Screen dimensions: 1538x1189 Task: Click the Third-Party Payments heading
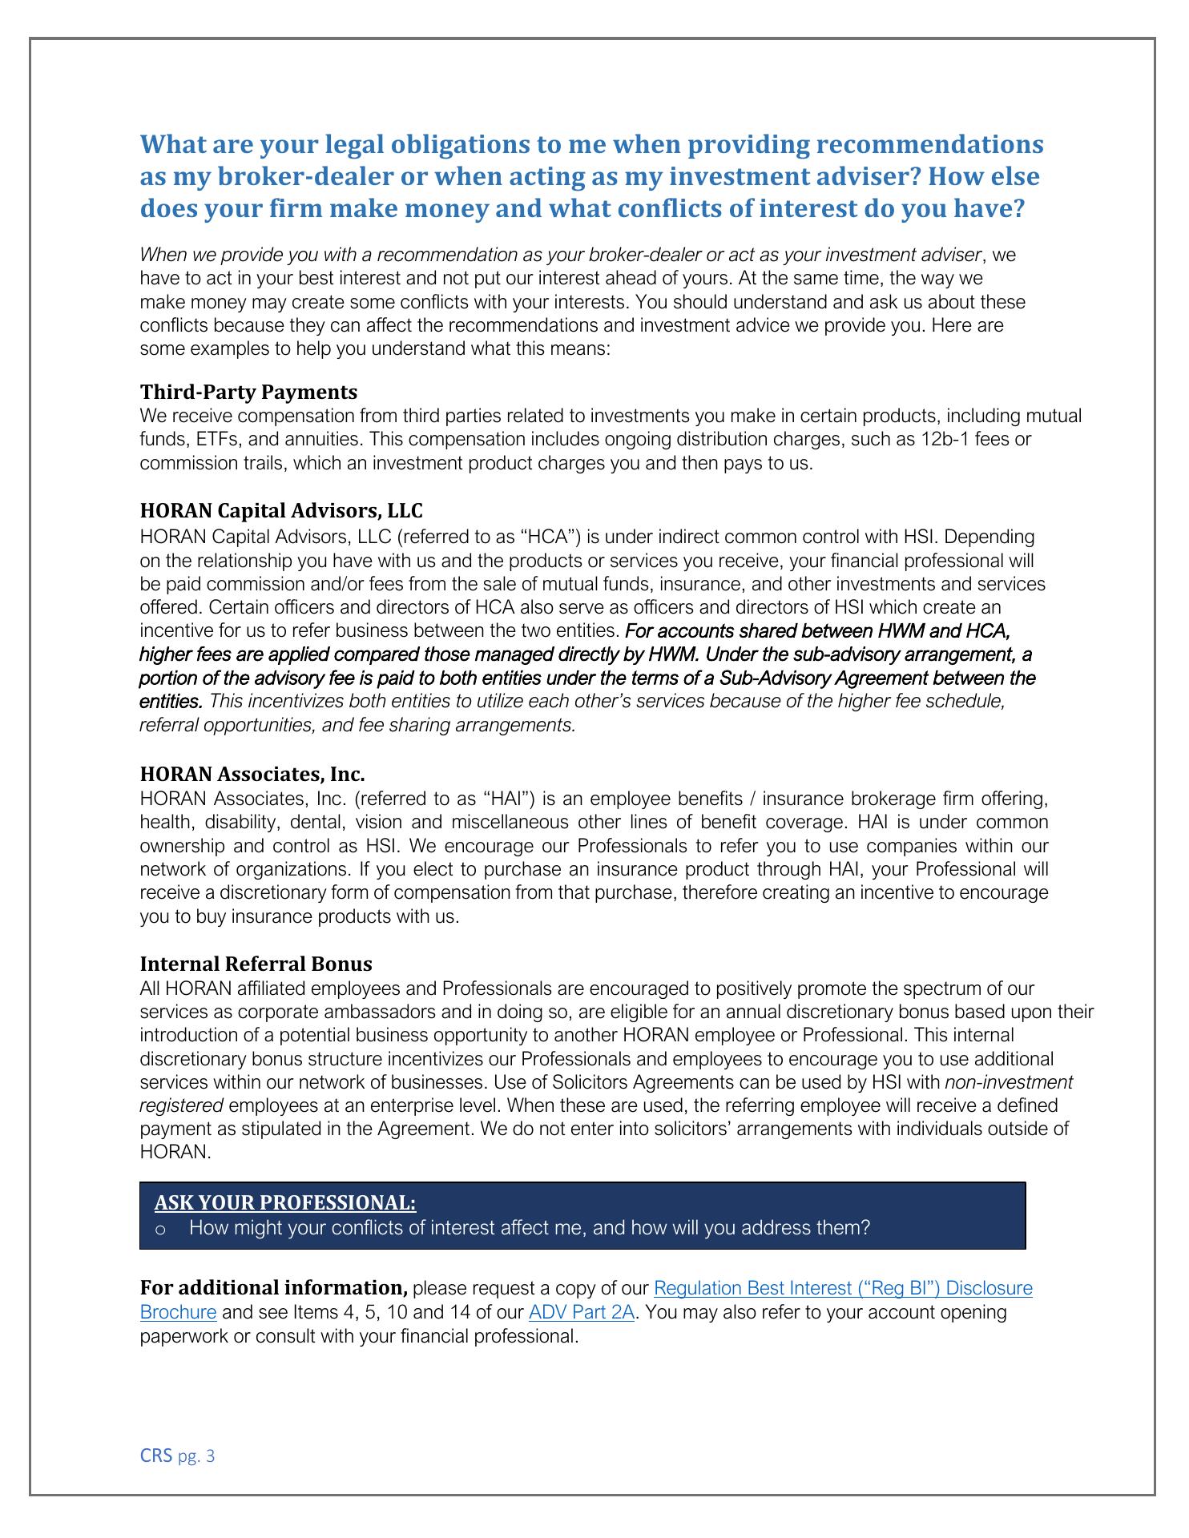pos(248,392)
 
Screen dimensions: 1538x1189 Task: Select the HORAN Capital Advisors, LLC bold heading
pos(281,510)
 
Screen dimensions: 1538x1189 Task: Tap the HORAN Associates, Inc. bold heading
pos(252,774)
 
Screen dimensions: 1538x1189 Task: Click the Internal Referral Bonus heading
pos(256,963)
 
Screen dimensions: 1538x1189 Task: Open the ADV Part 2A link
pos(582,1312)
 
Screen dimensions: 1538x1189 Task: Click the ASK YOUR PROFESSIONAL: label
pos(285,1202)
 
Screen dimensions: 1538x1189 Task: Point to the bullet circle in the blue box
pos(160,1229)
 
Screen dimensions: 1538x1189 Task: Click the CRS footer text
pos(156,1455)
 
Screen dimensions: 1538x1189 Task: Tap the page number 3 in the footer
pos(211,1456)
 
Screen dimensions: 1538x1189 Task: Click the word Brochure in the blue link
pos(178,1312)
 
